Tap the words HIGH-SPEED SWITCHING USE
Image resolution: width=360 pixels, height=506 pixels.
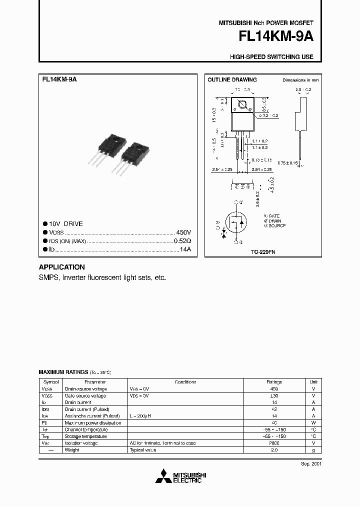tap(271, 57)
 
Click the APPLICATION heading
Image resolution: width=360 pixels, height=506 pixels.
tap(61, 267)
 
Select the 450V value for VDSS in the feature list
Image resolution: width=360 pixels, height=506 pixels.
tap(183, 233)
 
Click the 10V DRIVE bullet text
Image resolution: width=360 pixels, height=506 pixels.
tap(66, 224)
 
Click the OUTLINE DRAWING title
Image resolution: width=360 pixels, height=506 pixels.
tap(232, 80)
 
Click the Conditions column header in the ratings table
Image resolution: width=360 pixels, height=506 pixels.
tap(185, 381)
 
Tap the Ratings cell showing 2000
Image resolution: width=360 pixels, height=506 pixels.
tap(273, 443)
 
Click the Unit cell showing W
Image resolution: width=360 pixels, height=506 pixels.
tap(313, 422)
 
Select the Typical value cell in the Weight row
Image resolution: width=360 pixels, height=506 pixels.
tap(143, 450)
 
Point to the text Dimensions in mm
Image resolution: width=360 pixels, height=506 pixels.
tap(300, 80)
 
